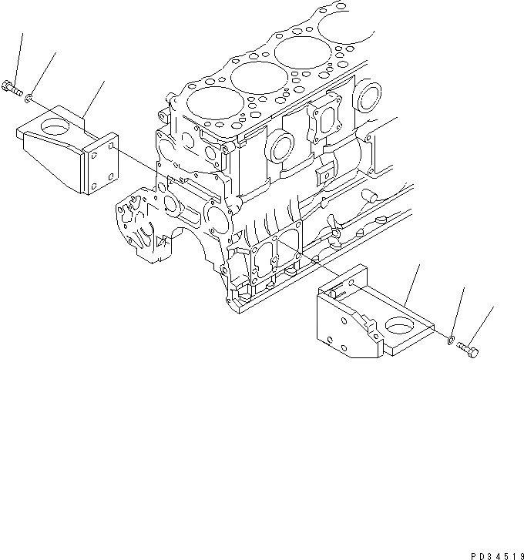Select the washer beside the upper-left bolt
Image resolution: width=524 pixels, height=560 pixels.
pyautogui.click(x=29, y=97)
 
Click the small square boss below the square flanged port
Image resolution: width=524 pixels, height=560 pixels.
pyautogui.click(x=326, y=170)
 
